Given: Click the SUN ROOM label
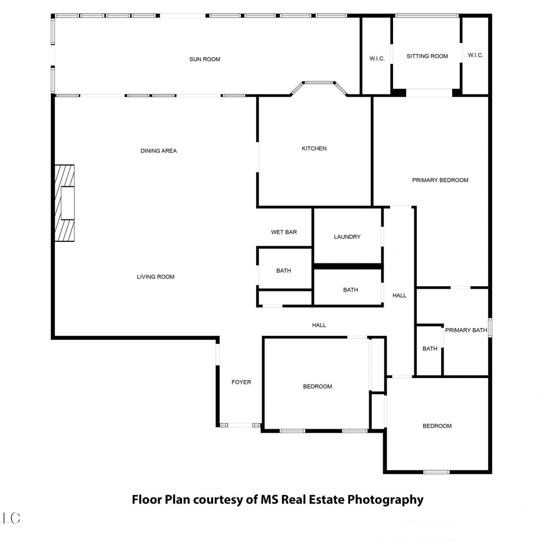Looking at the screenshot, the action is (205, 59).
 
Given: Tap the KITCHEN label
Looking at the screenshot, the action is (314, 148).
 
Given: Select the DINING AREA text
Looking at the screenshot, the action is (159, 151).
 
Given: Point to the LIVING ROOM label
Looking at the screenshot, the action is (156, 277).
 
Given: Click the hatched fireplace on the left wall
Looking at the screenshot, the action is (64, 203).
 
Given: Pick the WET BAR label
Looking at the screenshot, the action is (284, 232).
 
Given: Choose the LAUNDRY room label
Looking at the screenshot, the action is (347, 237).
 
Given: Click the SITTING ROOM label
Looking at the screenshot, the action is (427, 56).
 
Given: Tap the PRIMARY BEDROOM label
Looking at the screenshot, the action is (440, 180).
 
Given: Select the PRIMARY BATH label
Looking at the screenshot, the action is (466, 330).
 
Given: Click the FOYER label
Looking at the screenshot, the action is (241, 382).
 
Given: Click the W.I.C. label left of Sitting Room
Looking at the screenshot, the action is (377, 59).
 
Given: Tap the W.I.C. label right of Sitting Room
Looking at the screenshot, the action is (476, 55).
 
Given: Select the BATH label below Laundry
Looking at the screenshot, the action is (350, 290).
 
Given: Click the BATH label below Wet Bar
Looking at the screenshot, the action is (283, 271).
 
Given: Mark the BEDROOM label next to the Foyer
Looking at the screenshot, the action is (317, 387).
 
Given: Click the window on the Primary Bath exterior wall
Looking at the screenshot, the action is (490, 328).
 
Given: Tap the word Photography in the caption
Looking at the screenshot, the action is (386, 500).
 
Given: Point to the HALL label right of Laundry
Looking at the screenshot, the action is (400, 296).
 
